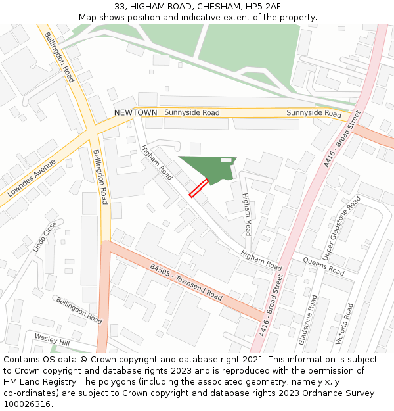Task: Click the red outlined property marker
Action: (199, 188)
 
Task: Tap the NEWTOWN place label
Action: (135, 113)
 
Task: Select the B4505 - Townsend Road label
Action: (186, 283)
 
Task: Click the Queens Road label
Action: (323, 266)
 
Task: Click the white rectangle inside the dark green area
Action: (226, 160)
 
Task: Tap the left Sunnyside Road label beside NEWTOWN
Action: (192, 113)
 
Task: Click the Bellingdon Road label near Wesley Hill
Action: (79, 310)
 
